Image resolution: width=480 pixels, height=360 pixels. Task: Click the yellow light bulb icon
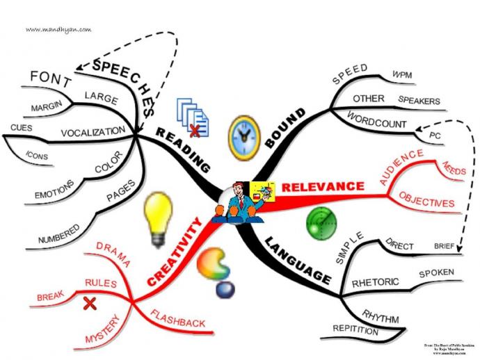pos(157,215)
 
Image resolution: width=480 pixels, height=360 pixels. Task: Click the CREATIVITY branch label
pos(175,252)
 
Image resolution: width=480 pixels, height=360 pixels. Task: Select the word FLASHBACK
pos(178,322)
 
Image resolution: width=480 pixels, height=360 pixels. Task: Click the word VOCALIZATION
pos(93,131)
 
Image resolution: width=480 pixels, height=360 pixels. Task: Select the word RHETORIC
pos(376,283)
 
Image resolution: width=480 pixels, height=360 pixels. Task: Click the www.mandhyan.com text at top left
pos(58,29)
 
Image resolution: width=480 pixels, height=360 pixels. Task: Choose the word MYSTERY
pos(102,329)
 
